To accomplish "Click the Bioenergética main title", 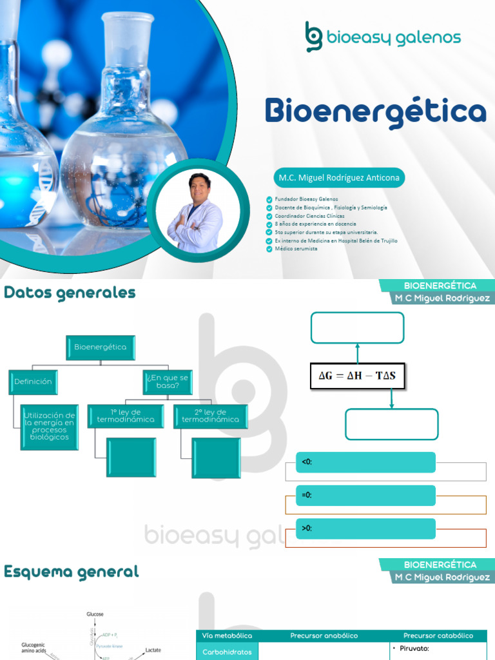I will (x=375, y=112).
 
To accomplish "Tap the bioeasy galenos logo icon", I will (x=314, y=36).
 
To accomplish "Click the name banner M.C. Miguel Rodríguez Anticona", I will (x=338, y=177).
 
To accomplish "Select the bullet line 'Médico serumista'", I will (x=296, y=248).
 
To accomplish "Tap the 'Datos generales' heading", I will (x=70, y=293).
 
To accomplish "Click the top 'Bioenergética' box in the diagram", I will (x=100, y=347).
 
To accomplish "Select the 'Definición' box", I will (x=33, y=382).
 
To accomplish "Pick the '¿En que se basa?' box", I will (x=167, y=382).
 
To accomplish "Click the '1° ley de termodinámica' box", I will (x=126, y=416).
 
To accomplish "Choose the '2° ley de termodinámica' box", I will (x=211, y=416).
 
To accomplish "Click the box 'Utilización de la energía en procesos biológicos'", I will (x=49, y=427).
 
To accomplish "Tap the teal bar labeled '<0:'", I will (x=365, y=462).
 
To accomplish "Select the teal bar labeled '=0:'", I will (x=365, y=495).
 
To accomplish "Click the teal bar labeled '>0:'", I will (x=365, y=529).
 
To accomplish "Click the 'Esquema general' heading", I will (x=71, y=572).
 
